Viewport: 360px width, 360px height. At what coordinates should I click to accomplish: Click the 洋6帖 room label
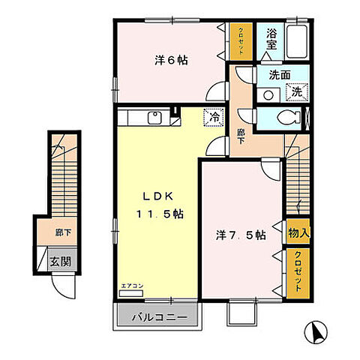pyautogui.click(x=172, y=60)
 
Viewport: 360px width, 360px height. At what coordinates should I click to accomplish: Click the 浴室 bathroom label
pyautogui.click(x=272, y=39)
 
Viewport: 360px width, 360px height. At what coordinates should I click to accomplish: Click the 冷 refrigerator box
pyautogui.click(x=214, y=117)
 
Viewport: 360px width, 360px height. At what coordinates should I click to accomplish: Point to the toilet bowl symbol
pyautogui.click(x=286, y=118)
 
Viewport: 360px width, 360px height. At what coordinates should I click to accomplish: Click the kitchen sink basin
pyautogui.click(x=156, y=117)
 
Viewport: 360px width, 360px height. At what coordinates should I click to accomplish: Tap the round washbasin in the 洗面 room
pyautogui.click(x=268, y=94)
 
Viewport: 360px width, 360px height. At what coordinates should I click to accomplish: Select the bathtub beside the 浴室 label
pyautogui.click(x=297, y=37)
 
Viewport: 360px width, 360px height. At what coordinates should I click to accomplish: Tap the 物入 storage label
pyautogui.click(x=297, y=234)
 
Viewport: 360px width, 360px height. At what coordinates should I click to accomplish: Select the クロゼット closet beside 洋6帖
pyautogui.click(x=241, y=37)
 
